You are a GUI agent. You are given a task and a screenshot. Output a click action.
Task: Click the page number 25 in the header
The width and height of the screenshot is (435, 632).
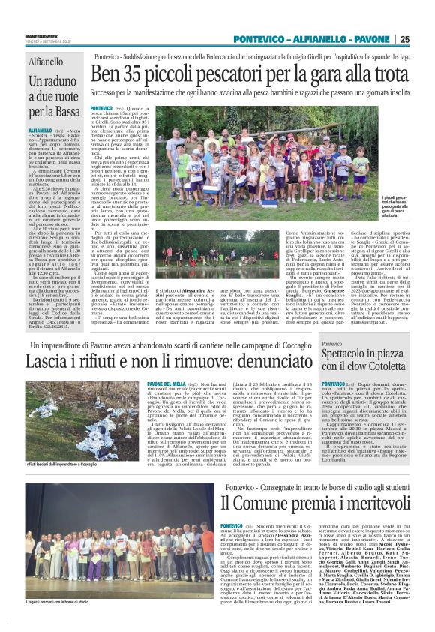pyautogui.click(x=425, y=40)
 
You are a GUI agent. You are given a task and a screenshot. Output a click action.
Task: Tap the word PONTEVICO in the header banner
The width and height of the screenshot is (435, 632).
pyautogui.click(x=259, y=40)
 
